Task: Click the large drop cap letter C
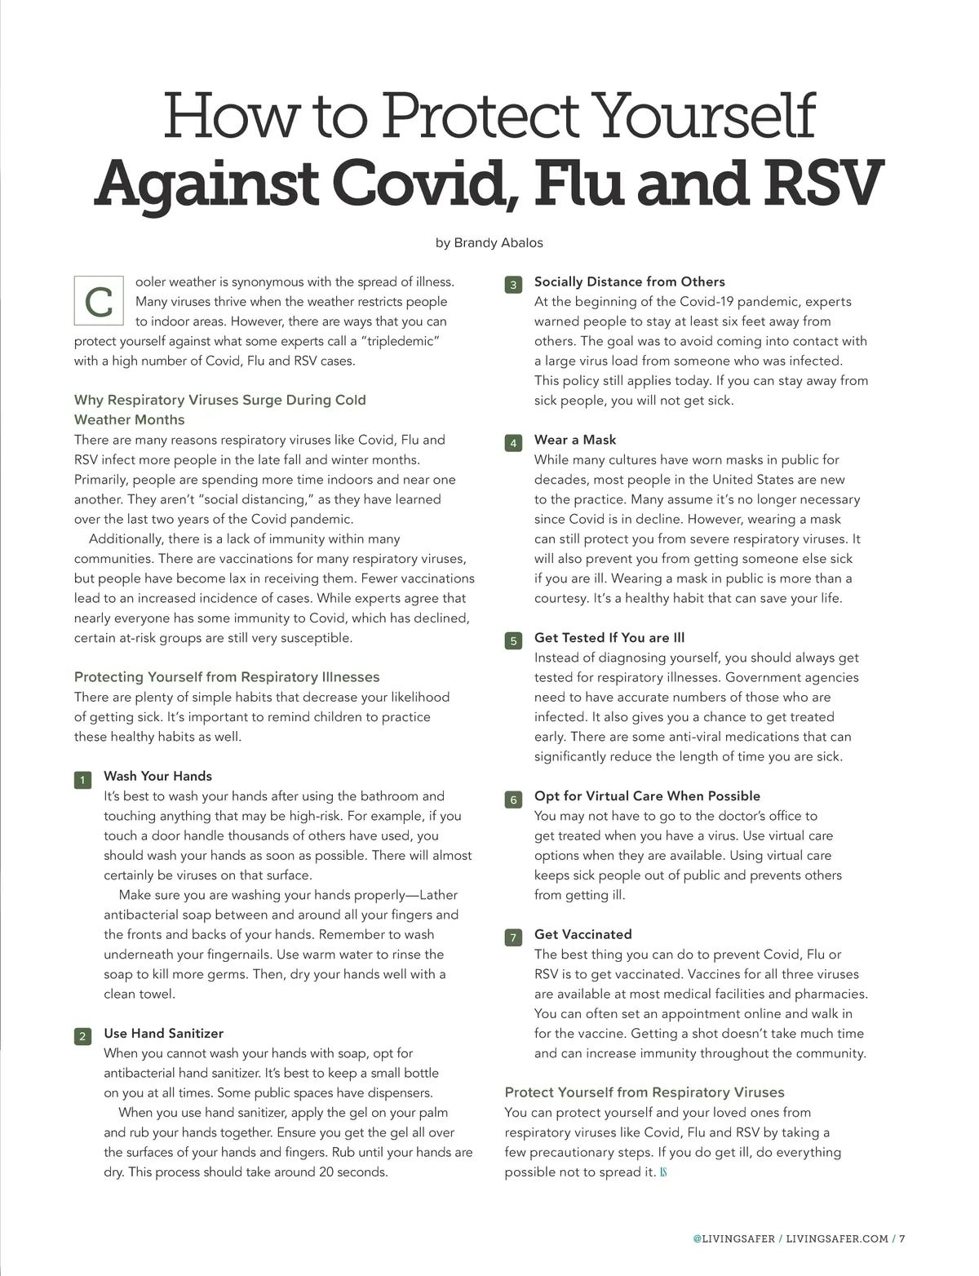[99, 302]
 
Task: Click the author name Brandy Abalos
[498, 242]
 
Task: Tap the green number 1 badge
[82, 781]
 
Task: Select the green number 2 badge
[82, 1037]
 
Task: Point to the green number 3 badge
[513, 286]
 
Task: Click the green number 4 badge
[513, 444]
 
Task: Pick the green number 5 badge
[513, 641]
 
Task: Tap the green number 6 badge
[513, 800]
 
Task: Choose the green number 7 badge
[513, 938]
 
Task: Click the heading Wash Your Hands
[157, 776]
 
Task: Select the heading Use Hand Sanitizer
[163, 1033]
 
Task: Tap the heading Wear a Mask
[575, 440]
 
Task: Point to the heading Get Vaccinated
[583, 934]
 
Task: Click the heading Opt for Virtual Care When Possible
[647, 795]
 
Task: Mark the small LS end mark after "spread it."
[663, 1172]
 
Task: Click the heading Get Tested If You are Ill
[609, 637]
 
